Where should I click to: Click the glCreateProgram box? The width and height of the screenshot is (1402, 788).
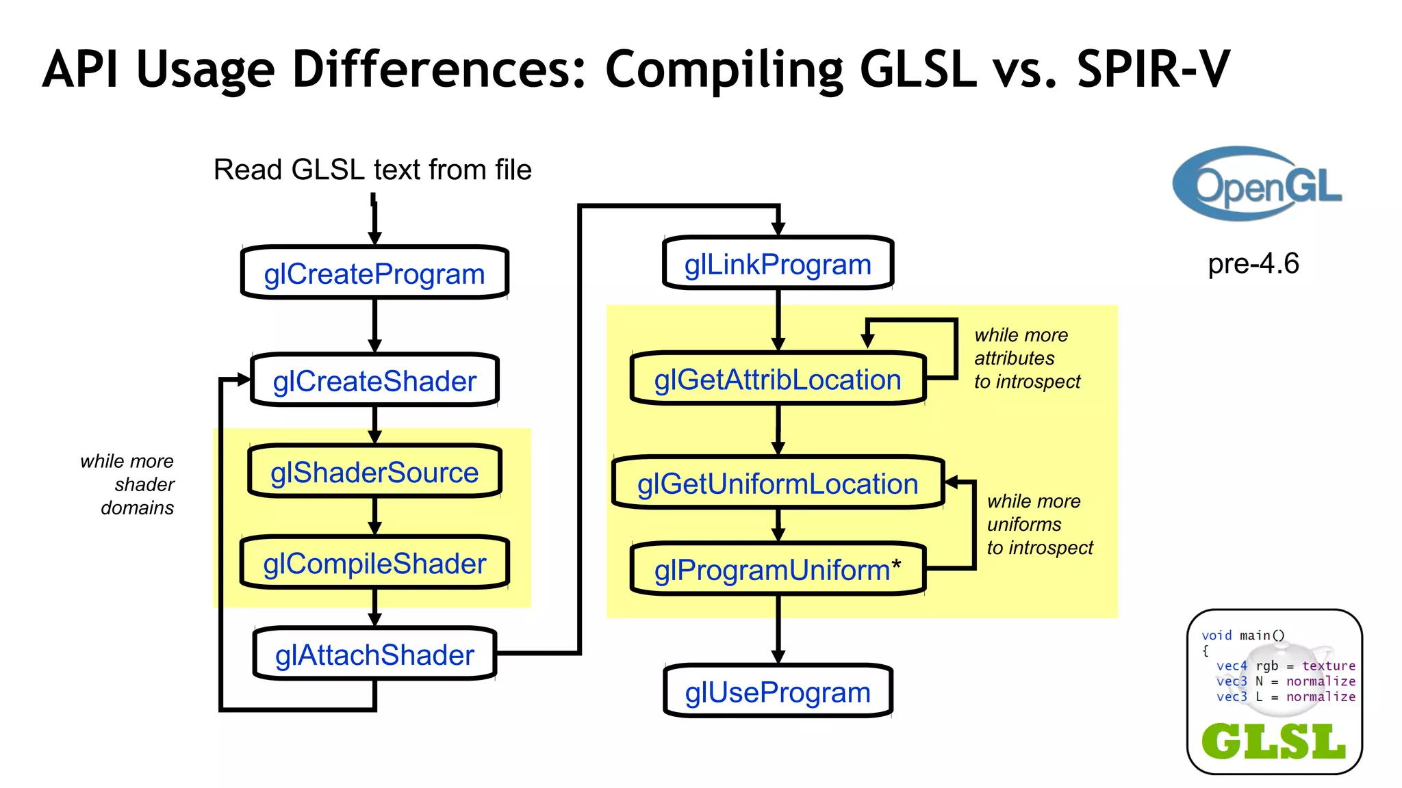[x=374, y=273]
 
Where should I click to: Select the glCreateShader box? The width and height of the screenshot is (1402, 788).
[x=374, y=380]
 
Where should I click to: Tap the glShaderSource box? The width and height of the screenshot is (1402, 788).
[x=374, y=472]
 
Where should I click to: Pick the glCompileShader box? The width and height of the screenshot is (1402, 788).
[x=374, y=563]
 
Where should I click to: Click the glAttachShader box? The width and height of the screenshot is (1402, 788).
[x=374, y=655]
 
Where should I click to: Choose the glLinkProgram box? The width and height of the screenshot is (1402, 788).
[x=778, y=263]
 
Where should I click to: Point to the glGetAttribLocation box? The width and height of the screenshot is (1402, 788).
[x=778, y=379]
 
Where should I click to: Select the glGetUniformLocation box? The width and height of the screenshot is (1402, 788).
[x=778, y=483]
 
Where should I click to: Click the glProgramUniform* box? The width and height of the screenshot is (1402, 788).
[x=778, y=569]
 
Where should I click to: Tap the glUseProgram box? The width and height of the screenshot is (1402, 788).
[x=778, y=692]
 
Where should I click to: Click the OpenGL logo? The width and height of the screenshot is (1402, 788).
[x=1257, y=183]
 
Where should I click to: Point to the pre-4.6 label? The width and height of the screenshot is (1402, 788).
[x=1253, y=263]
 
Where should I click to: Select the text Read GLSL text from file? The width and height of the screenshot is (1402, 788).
[x=372, y=170]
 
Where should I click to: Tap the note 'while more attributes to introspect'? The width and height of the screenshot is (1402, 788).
[x=1027, y=358]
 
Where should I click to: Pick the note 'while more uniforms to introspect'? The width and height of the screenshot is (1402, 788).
[x=1039, y=525]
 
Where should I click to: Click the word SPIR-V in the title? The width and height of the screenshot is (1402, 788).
[x=1154, y=70]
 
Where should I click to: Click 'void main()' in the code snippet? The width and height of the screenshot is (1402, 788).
[x=1242, y=635]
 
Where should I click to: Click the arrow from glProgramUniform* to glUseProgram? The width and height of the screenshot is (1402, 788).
[x=778, y=628]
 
